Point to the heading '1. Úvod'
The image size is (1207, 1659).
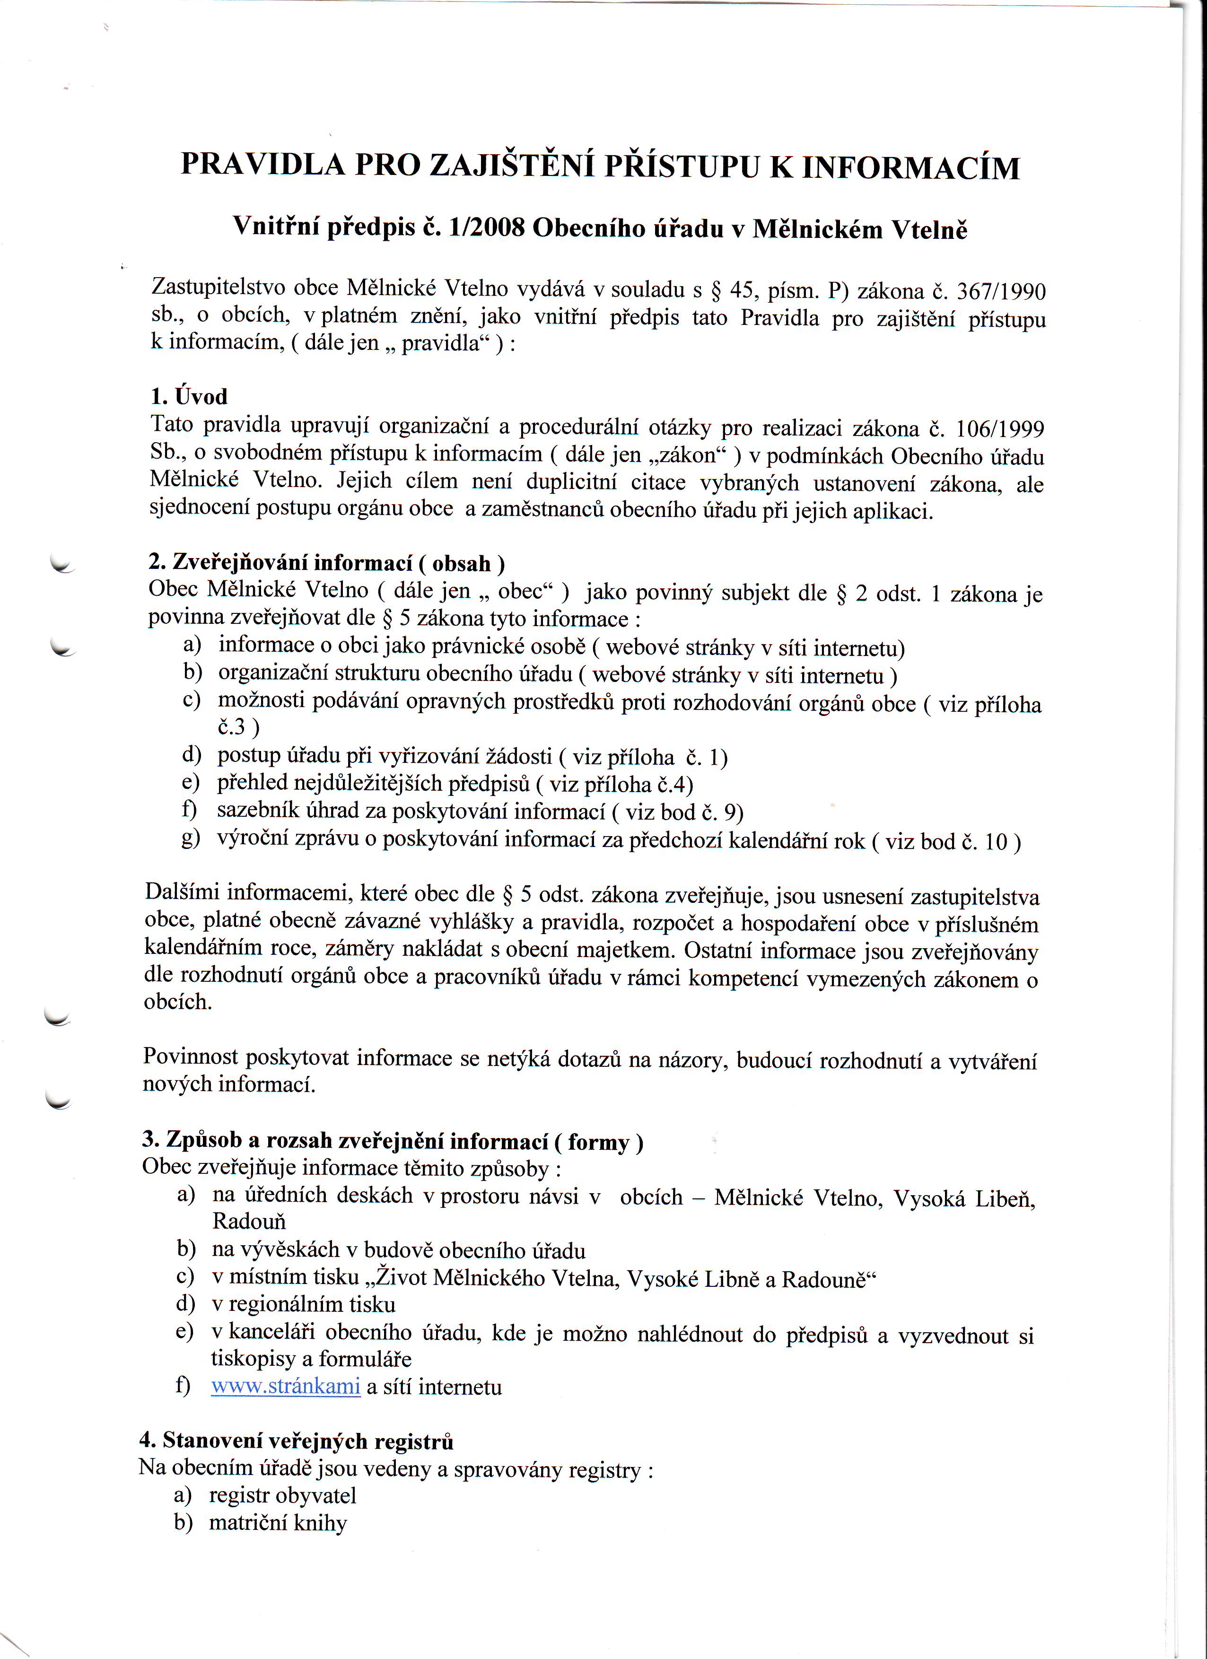point(189,396)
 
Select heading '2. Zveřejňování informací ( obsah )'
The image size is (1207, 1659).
point(326,562)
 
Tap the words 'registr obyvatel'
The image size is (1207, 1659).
point(282,1496)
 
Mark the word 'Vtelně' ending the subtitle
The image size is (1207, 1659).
point(928,230)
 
